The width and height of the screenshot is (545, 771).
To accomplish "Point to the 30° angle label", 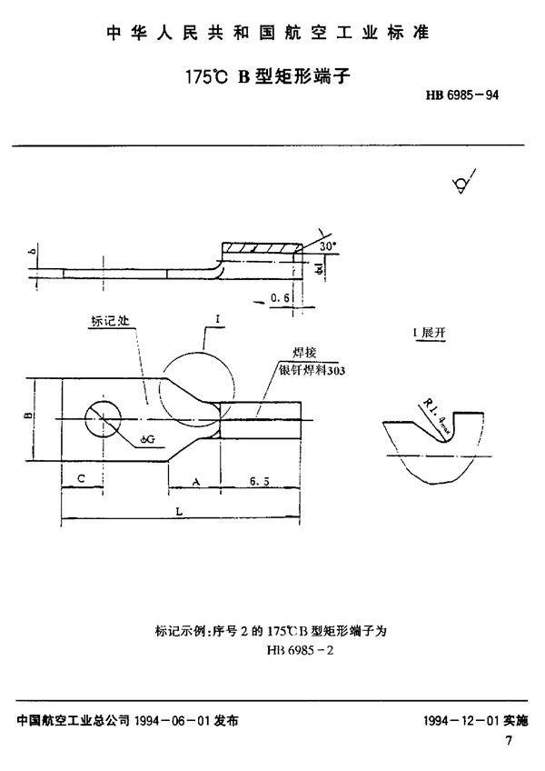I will pyautogui.click(x=327, y=245).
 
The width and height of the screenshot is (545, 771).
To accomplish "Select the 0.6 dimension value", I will pyautogui.click(x=282, y=296).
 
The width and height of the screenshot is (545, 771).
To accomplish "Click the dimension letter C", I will pyautogui.click(x=81, y=476).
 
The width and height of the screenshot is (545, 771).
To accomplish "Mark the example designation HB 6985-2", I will pyautogui.click(x=301, y=651).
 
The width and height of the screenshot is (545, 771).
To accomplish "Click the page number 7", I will pyautogui.click(x=509, y=741).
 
